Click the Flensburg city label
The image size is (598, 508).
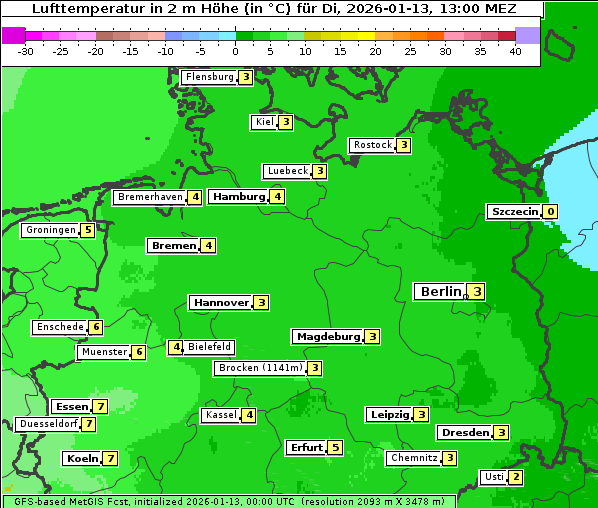point(209,77)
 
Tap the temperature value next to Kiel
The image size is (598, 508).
point(285,122)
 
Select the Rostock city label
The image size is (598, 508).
point(373,145)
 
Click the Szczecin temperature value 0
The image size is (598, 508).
point(550,211)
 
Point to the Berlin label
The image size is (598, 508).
point(440,291)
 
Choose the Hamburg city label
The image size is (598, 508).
point(239,196)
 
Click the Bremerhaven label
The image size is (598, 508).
point(150,197)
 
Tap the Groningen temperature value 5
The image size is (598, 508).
point(88,230)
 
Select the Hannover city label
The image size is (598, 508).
point(221,302)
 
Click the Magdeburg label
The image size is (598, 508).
point(328,336)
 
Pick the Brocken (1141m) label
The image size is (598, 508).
point(259,368)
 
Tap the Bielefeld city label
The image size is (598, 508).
point(210,347)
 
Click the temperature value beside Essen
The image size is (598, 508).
point(100,406)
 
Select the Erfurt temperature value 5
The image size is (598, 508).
point(335,447)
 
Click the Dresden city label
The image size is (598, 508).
point(465,432)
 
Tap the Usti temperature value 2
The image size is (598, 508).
point(515,476)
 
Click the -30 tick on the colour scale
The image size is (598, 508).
point(26,51)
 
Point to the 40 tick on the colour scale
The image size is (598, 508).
point(515,51)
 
